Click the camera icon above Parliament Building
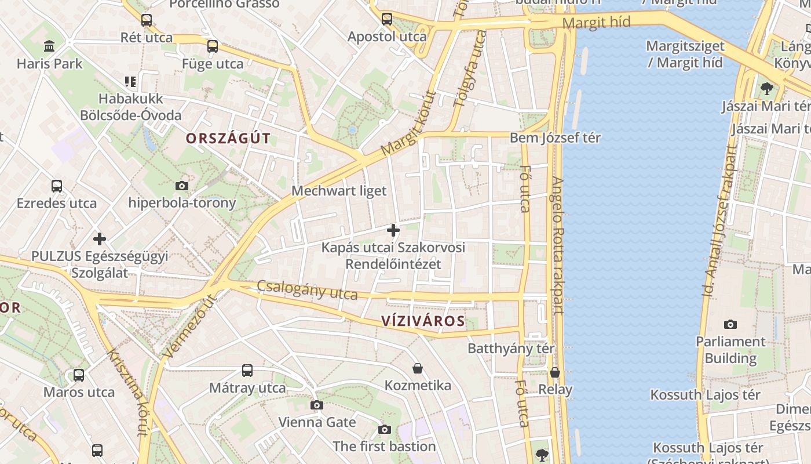(x=730, y=324)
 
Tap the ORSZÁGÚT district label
(x=228, y=138)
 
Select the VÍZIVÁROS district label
(x=423, y=321)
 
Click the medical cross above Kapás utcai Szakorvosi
(x=393, y=230)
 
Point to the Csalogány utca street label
(x=307, y=289)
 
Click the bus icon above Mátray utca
(x=247, y=370)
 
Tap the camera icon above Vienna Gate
(x=316, y=405)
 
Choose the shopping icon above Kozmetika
(x=417, y=368)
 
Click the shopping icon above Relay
(x=555, y=372)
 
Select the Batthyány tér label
(x=511, y=349)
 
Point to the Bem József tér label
(x=555, y=138)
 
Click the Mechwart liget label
(x=339, y=191)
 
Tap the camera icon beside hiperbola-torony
(x=182, y=186)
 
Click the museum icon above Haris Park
(x=50, y=46)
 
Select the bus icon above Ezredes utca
(x=57, y=186)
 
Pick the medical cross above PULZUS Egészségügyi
(x=100, y=238)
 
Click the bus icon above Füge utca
(x=213, y=46)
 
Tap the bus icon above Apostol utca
(x=387, y=19)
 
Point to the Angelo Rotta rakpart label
(x=558, y=245)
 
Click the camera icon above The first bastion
(x=384, y=429)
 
